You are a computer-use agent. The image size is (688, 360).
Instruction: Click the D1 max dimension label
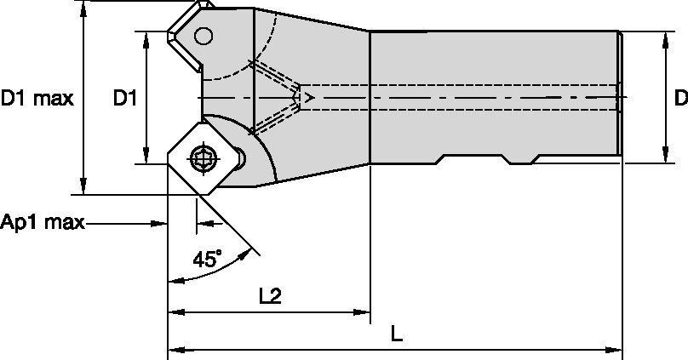37,99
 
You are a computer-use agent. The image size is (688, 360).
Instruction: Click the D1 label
125,99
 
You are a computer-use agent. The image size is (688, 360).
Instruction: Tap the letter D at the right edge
680,99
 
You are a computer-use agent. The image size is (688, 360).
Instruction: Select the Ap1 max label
43,223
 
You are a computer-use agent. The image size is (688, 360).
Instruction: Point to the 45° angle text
206,259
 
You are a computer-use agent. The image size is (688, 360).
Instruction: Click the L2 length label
269,296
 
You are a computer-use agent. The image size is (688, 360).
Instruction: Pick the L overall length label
397,334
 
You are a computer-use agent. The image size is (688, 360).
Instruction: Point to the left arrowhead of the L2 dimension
173,312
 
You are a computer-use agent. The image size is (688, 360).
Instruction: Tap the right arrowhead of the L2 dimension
364,312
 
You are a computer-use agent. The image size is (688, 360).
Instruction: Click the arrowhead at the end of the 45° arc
253,251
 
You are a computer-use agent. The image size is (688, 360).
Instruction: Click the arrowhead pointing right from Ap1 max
159,224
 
